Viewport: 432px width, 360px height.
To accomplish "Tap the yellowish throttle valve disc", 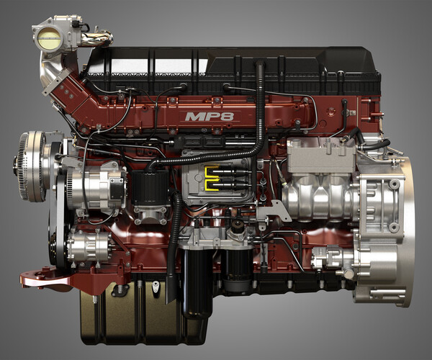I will point(50,39).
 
